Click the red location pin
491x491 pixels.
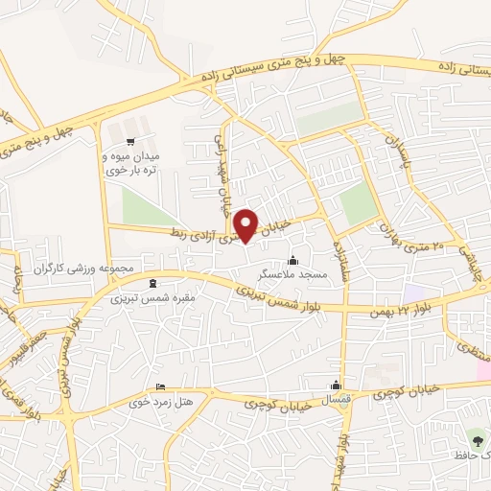tap(248, 225)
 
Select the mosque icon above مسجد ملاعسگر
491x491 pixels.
tap(292, 259)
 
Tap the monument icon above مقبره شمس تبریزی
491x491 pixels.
tap(155, 283)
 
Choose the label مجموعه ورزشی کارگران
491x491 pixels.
tap(86, 266)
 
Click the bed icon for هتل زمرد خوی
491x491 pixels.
tap(160, 386)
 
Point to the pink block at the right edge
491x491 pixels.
tap(484, 370)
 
